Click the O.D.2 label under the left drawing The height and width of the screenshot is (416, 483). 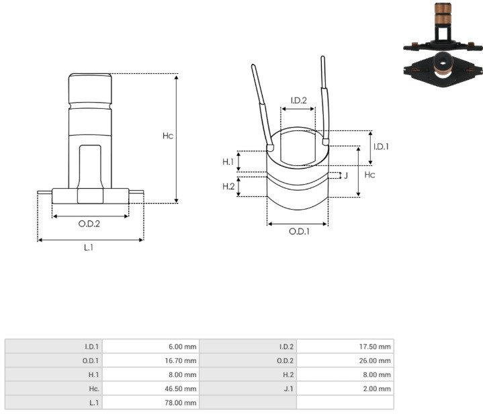(89, 223)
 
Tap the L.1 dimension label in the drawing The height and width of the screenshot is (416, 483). (89, 247)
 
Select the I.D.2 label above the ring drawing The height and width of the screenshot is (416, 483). (298, 100)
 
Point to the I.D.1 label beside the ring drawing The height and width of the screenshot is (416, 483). (381, 147)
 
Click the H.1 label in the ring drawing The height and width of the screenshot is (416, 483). (228, 161)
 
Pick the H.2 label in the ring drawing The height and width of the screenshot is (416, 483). (228, 186)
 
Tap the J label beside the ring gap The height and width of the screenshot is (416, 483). (346, 175)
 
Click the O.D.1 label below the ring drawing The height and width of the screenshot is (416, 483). (299, 231)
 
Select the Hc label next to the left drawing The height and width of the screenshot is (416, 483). (168, 136)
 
